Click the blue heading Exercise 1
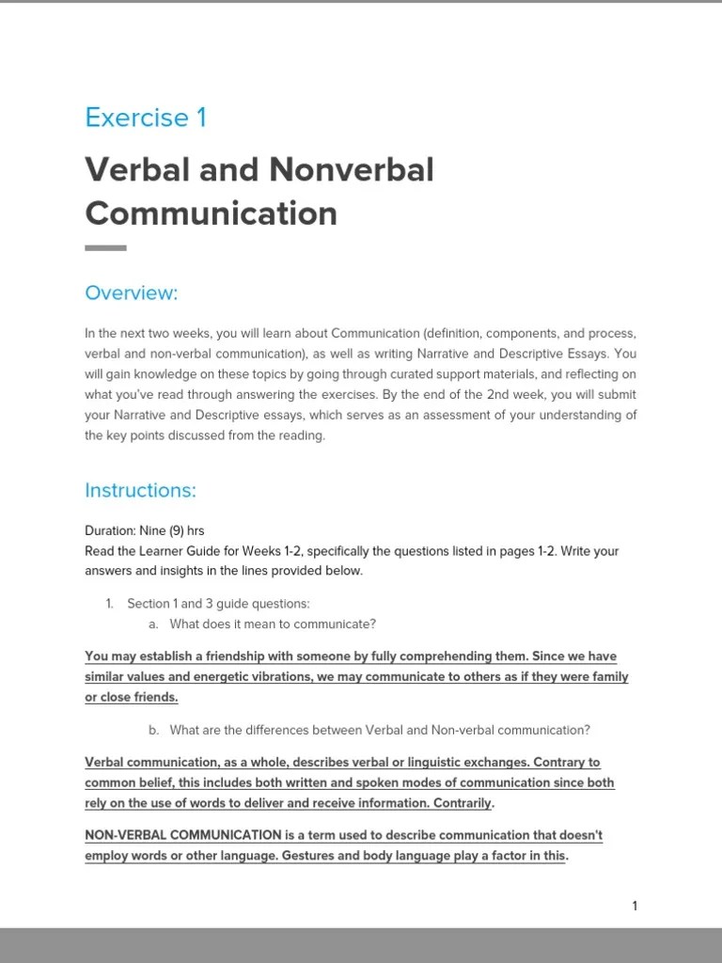point(146,118)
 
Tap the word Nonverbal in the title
point(352,170)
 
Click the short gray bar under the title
point(105,248)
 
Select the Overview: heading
point(131,293)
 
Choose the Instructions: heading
point(140,490)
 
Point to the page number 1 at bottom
point(635,906)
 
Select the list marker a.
point(153,624)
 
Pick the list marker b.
point(153,730)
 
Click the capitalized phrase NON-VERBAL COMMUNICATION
point(183,835)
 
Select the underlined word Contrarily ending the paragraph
point(461,803)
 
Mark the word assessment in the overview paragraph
point(447,416)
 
